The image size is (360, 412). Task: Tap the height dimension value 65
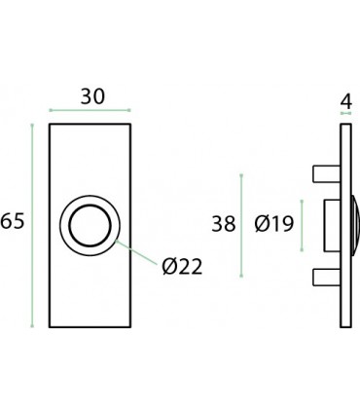13,222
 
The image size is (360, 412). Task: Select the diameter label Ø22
182,265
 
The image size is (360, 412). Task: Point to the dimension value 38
225,224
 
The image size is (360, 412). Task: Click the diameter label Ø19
273,224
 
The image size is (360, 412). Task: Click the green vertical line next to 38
241,224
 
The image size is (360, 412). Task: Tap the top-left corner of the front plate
51,125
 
